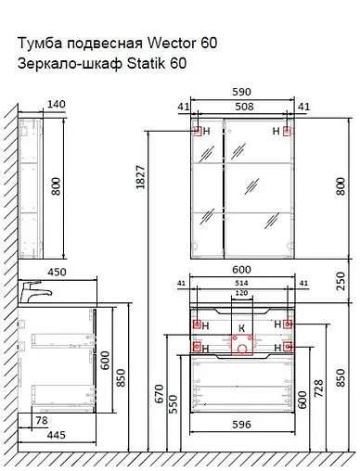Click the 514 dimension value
(241, 283)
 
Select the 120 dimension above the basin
(241, 293)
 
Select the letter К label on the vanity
(241, 326)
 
